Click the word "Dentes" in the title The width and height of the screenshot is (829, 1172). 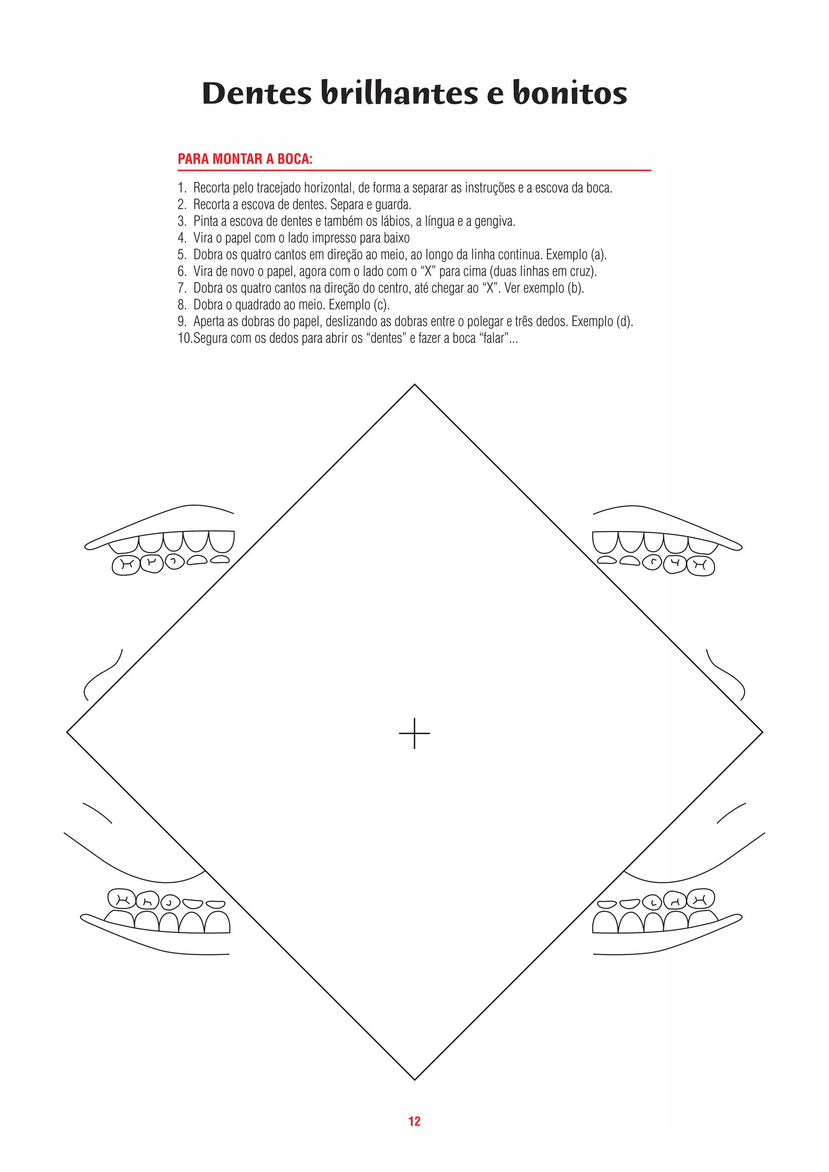point(256,93)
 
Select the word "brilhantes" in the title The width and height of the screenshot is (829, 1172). point(399,93)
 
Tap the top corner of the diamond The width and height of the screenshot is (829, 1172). point(414,385)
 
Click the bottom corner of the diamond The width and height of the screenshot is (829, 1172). point(414,1080)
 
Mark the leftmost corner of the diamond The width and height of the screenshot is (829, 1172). point(67,732)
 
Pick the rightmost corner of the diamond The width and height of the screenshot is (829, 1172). point(763,732)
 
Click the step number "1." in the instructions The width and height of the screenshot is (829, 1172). point(182,188)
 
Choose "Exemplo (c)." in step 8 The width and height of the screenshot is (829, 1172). point(359,305)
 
